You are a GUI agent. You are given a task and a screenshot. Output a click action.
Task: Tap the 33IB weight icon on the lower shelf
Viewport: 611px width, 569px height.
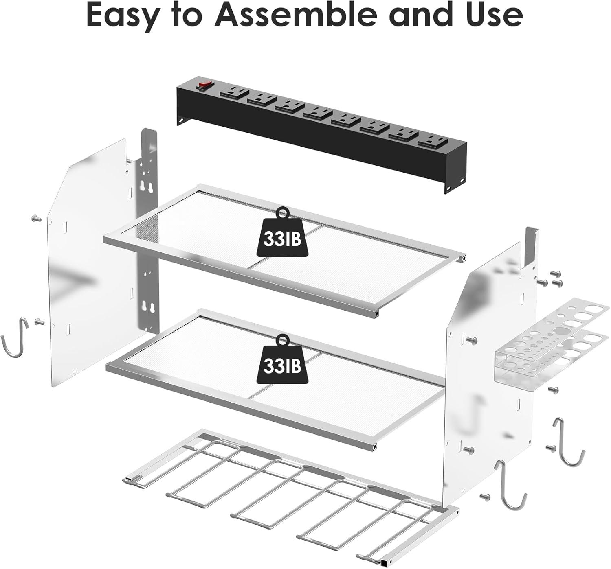282,360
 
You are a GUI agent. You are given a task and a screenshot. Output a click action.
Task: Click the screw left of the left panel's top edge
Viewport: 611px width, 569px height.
36,219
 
